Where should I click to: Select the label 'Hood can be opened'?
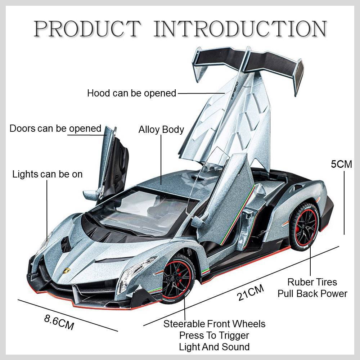[x=131, y=93]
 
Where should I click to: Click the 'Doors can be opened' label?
[x=55, y=129]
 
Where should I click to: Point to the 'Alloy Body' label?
[x=161, y=130]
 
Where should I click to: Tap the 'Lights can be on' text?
[x=48, y=174]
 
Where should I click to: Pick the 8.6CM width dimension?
[x=59, y=321]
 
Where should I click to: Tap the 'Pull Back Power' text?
[x=312, y=293]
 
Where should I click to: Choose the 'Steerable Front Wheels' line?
[x=214, y=324]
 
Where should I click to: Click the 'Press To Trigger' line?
[x=214, y=336]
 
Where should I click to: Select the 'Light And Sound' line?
[x=214, y=347]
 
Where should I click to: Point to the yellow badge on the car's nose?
[x=67, y=271]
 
